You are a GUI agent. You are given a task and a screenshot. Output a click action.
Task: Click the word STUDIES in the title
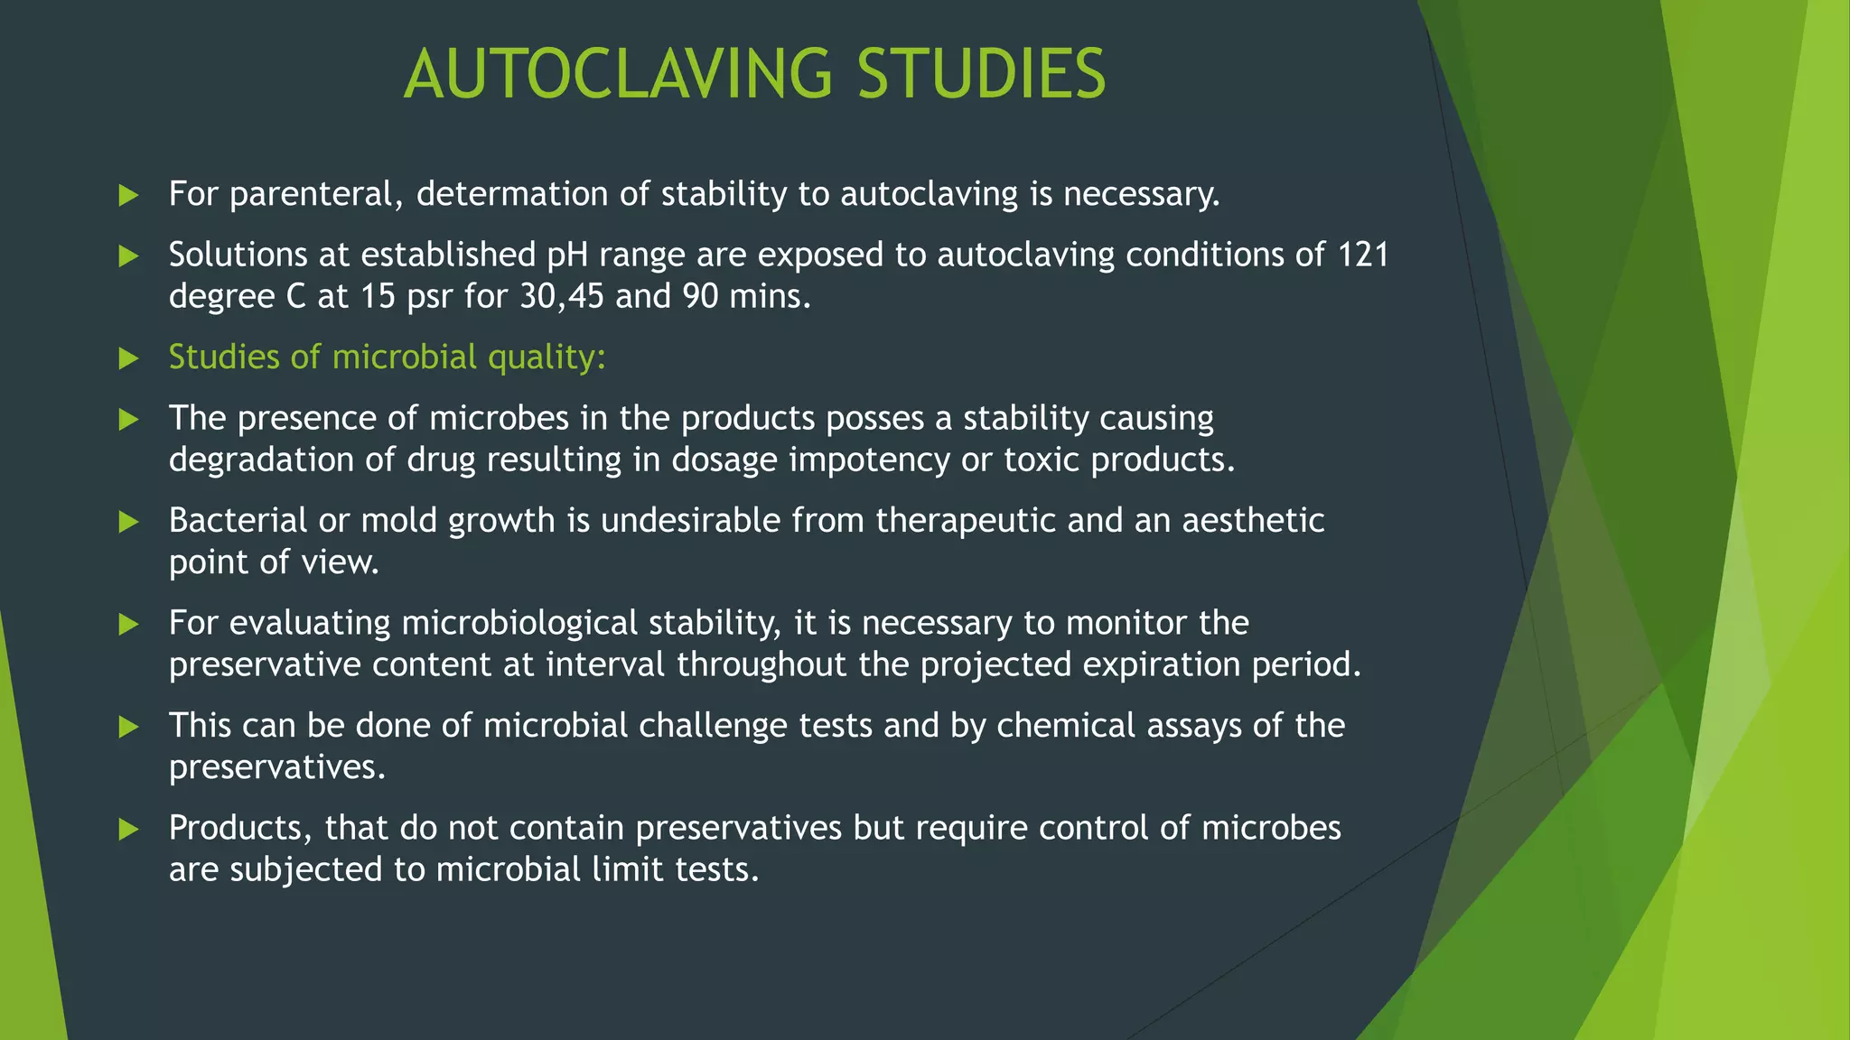click(981, 74)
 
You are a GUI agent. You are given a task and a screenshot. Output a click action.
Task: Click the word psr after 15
click(430, 296)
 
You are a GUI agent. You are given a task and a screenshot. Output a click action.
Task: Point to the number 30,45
click(561, 296)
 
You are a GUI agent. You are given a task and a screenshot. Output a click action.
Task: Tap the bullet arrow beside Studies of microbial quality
click(129, 358)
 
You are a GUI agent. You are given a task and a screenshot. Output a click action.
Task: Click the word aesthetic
click(1253, 521)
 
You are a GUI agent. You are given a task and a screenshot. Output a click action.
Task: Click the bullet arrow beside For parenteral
click(129, 195)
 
